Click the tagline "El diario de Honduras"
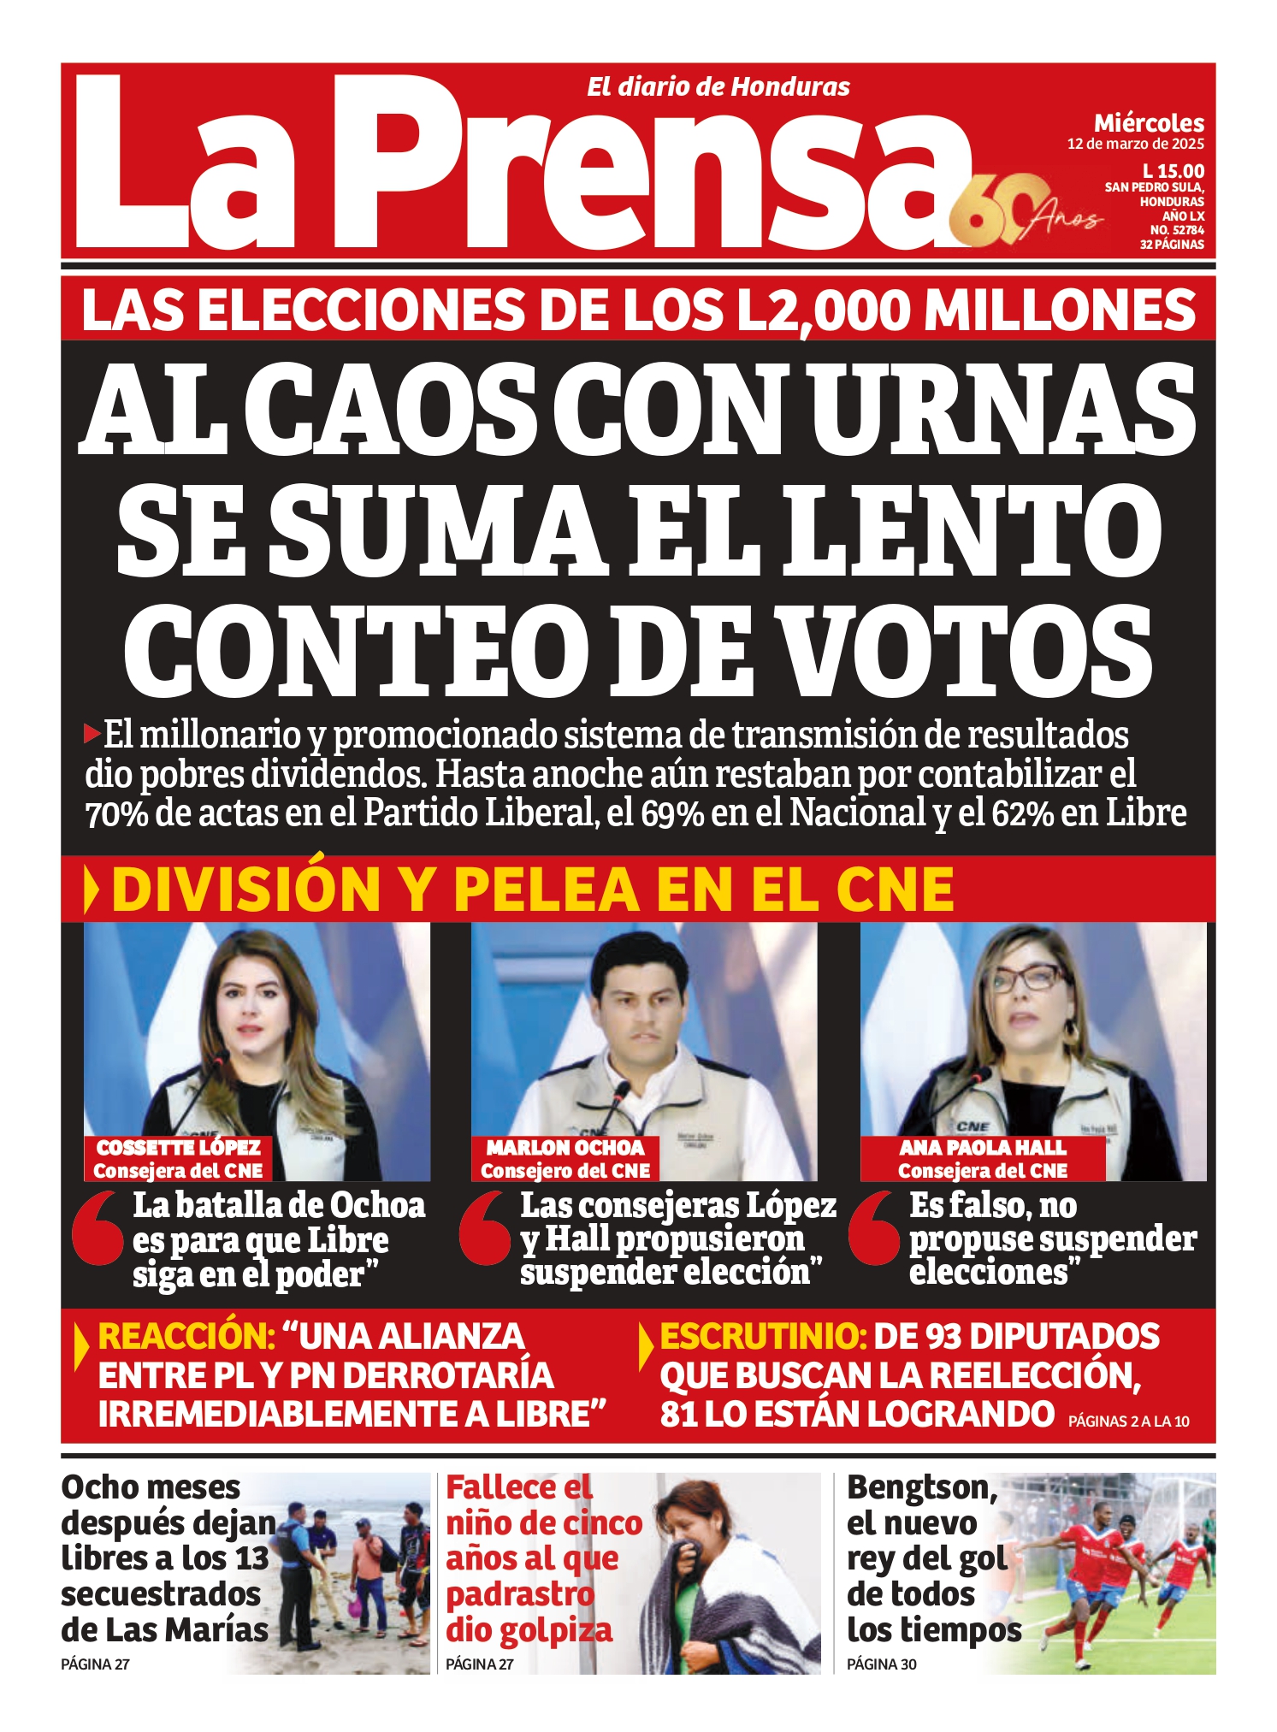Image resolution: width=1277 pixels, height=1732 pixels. tap(718, 87)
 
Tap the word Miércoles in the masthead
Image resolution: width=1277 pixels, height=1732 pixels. tap(1149, 123)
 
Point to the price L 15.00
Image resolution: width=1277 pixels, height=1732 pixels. tap(1173, 171)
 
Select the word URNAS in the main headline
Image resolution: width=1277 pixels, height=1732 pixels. tap(1002, 409)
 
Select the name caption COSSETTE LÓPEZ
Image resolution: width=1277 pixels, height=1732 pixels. tap(178, 1148)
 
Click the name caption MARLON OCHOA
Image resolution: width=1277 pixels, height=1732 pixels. tap(565, 1148)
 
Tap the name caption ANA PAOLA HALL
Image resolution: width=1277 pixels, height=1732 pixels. tap(982, 1148)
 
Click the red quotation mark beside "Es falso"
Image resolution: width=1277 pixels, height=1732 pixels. tap(875, 1228)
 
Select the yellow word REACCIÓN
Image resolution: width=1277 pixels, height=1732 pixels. tap(186, 1337)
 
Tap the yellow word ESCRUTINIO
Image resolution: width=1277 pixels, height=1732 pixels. tap(764, 1337)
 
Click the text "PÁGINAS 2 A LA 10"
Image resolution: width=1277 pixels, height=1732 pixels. tap(1128, 1422)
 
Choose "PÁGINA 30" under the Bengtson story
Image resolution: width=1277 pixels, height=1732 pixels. tap(881, 1664)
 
